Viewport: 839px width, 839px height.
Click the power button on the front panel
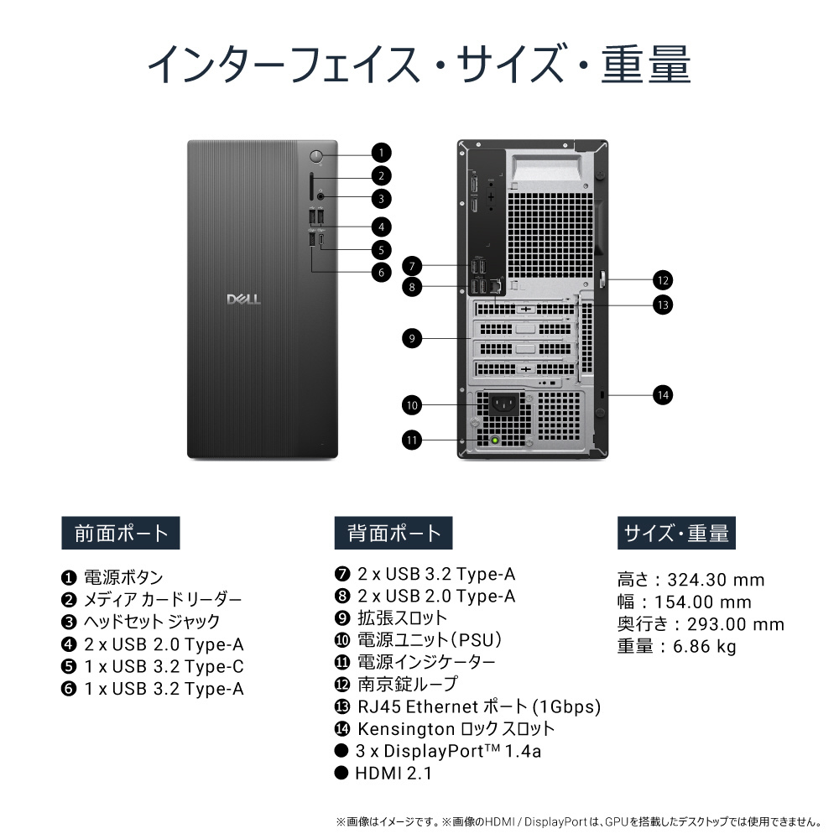[316, 156]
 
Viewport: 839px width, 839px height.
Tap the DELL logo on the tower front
[243, 300]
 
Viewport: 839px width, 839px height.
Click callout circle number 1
[382, 153]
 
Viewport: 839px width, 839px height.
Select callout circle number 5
[382, 250]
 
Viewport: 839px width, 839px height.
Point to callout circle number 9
[412, 338]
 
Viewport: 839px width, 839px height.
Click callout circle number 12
[663, 280]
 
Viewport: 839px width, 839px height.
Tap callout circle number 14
[663, 395]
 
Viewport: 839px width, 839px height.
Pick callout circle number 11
[412, 440]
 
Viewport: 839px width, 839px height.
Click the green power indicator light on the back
[495, 440]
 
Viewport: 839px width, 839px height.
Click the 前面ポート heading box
[120, 533]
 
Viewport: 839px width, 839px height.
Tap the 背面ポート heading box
[393, 533]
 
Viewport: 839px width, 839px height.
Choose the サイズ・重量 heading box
[676, 533]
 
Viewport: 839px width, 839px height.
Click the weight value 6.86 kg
[705, 647]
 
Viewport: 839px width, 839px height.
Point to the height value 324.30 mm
[716, 580]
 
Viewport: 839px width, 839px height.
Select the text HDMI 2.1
[393, 774]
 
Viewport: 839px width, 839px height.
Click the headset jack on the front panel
[320, 197]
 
